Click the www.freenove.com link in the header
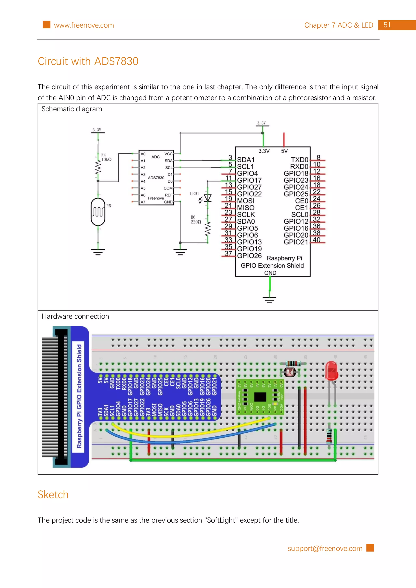click(x=84, y=25)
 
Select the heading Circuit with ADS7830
click(x=88, y=61)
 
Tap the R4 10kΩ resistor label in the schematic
click(x=106, y=157)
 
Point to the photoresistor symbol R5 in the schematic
click(x=98, y=212)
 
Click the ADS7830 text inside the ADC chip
click(x=156, y=178)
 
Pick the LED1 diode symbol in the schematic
click(x=207, y=198)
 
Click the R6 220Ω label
click(x=196, y=220)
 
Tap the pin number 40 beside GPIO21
click(x=316, y=240)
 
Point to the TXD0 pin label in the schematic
click(x=299, y=160)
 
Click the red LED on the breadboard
click(x=332, y=370)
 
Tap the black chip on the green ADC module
click(x=260, y=397)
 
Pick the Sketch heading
click(x=53, y=494)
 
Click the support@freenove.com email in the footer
click(x=325, y=548)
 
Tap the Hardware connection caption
click(x=75, y=316)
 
